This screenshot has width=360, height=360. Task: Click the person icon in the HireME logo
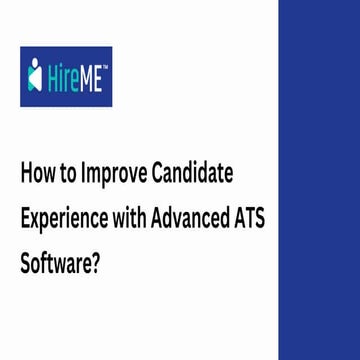[x=38, y=75]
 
